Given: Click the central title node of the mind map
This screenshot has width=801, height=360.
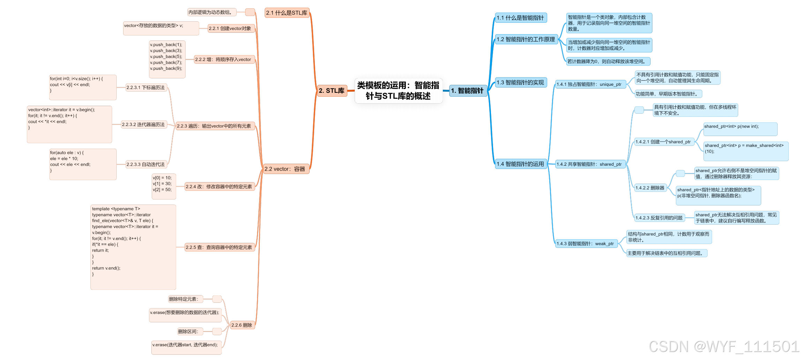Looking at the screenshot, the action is (398, 91).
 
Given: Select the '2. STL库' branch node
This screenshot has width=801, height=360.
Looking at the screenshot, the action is (332, 91).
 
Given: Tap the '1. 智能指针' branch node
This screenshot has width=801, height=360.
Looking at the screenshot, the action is (467, 91).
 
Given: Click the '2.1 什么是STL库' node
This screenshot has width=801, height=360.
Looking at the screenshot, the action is (287, 13).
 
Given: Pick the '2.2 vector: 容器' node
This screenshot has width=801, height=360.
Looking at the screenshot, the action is (285, 169).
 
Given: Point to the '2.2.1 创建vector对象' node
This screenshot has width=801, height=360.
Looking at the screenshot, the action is (230, 29).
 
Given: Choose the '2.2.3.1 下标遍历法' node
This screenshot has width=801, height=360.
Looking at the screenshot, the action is (146, 88).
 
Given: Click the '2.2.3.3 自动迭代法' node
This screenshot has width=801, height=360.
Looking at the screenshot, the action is (146, 164).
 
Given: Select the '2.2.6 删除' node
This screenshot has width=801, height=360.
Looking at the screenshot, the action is (242, 325).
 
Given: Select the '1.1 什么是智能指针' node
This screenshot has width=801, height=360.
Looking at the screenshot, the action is (520, 18).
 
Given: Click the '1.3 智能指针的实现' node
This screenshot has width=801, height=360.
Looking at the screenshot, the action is (520, 83).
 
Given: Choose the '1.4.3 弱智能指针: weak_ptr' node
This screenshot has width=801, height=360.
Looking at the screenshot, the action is (585, 243).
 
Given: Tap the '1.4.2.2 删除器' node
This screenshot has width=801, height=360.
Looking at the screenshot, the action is (650, 188).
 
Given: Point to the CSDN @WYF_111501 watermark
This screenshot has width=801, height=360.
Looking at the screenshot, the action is (724, 346).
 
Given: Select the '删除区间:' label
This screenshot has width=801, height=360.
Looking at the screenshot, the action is (188, 331).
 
